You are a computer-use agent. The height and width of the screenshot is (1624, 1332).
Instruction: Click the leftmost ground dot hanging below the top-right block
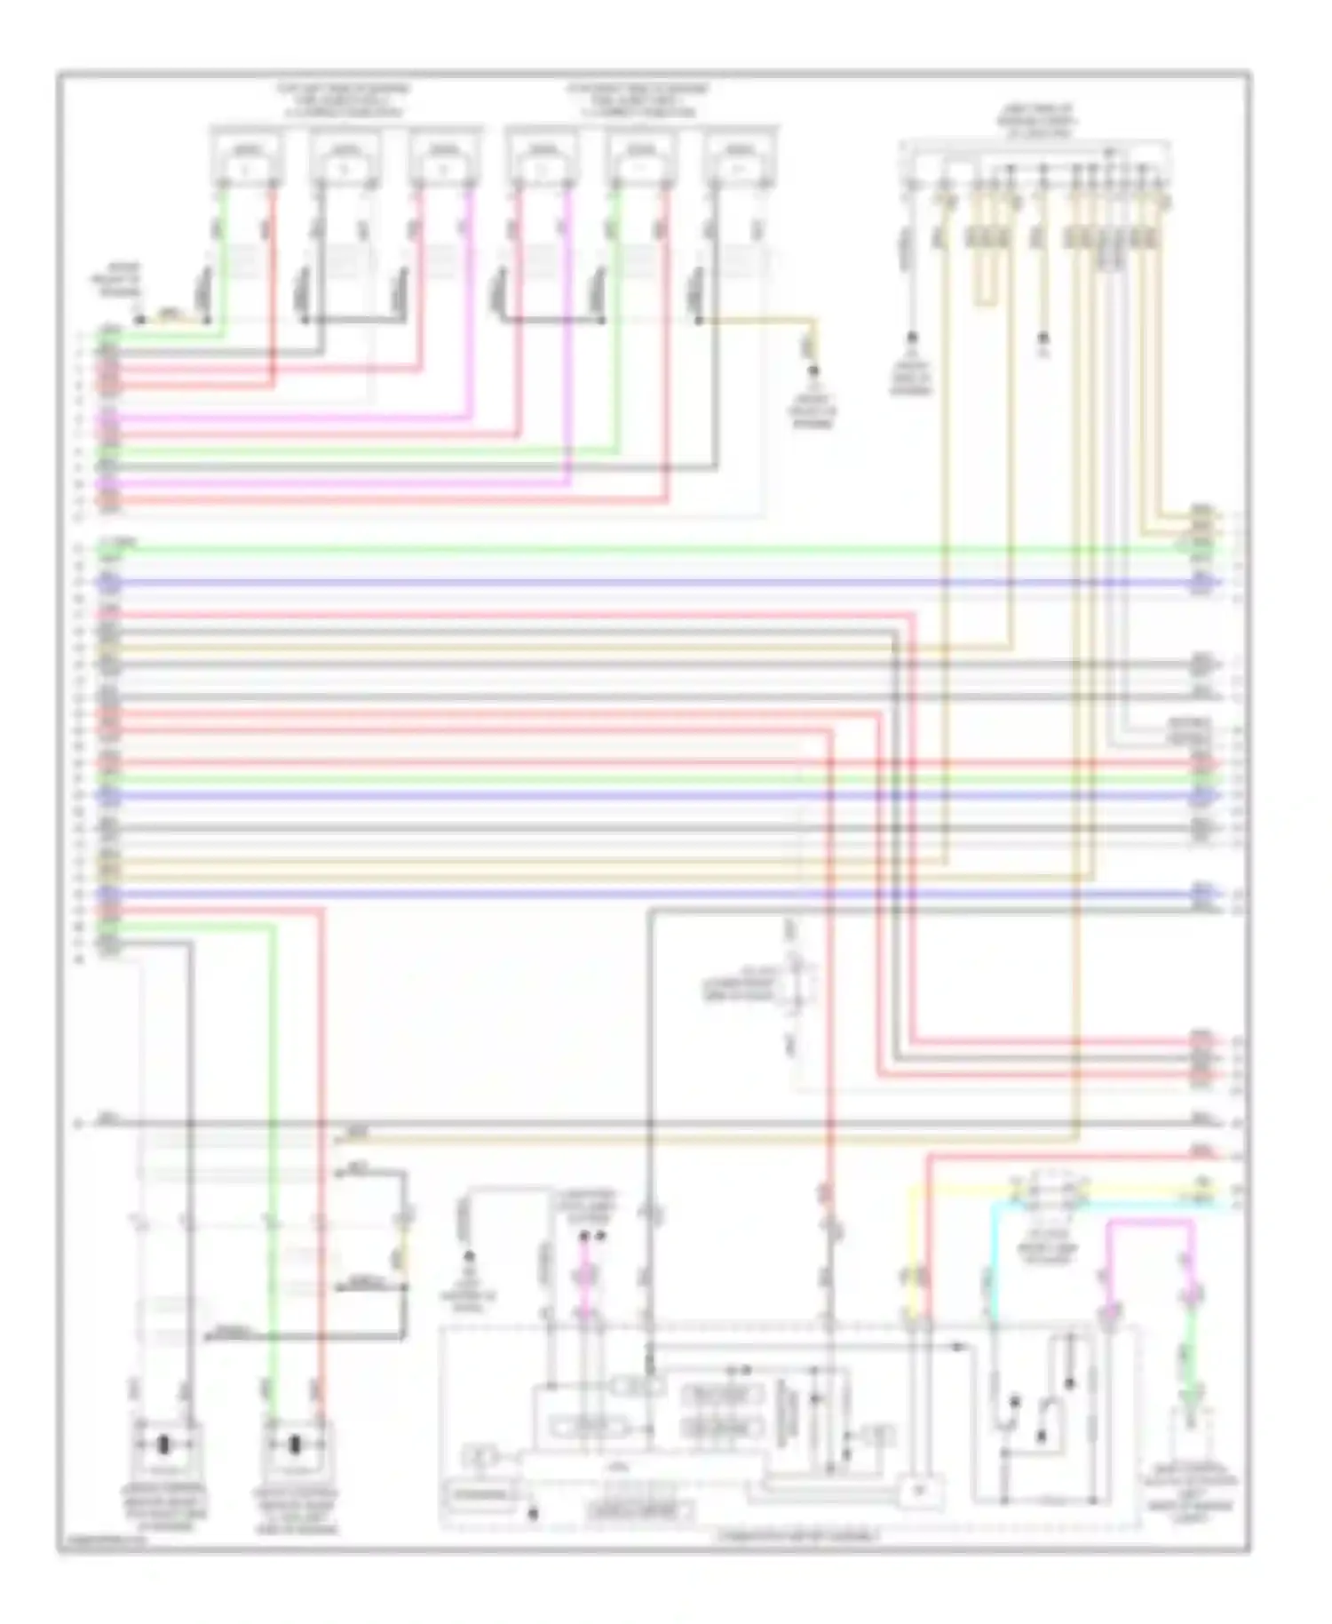[911, 338]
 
